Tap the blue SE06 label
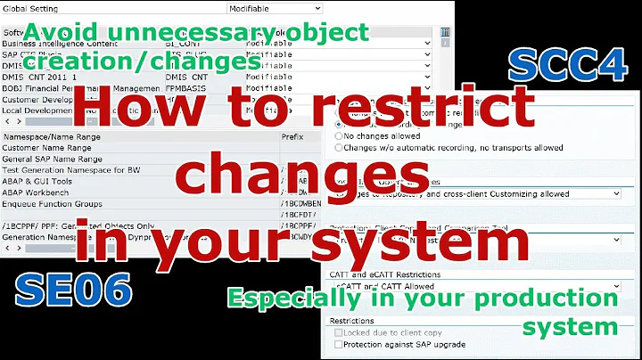click(x=74, y=289)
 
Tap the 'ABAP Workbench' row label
click(x=39, y=192)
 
